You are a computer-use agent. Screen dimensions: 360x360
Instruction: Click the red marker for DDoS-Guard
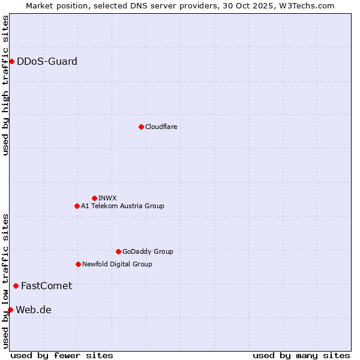(11, 61)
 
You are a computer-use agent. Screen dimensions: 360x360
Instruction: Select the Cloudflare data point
(141, 127)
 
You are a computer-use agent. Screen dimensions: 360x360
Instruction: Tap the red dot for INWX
(94, 198)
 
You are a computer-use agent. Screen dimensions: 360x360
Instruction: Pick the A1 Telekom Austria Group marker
(77, 206)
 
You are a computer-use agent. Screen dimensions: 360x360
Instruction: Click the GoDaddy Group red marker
(118, 251)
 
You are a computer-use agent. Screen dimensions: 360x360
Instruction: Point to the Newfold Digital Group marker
(78, 264)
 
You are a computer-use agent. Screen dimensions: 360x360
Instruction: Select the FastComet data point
(16, 286)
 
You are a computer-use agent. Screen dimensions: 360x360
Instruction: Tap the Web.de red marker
(10, 310)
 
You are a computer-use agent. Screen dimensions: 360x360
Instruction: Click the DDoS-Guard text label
(47, 61)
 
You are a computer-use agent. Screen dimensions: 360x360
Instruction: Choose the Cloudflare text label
(161, 127)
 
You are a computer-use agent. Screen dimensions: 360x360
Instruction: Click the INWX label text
(107, 198)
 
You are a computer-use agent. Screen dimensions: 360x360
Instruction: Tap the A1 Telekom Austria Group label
(122, 206)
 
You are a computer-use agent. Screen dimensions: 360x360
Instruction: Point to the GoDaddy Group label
(148, 251)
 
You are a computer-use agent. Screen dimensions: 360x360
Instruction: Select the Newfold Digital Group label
(117, 264)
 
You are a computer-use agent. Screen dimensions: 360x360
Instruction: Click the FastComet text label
(46, 286)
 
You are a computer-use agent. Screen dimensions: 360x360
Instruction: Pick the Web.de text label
(34, 310)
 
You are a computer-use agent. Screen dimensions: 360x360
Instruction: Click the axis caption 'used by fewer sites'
(62, 355)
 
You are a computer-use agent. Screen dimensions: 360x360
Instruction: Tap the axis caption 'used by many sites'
(301, 355)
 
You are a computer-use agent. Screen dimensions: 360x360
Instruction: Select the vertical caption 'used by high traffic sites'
(5, 86)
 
